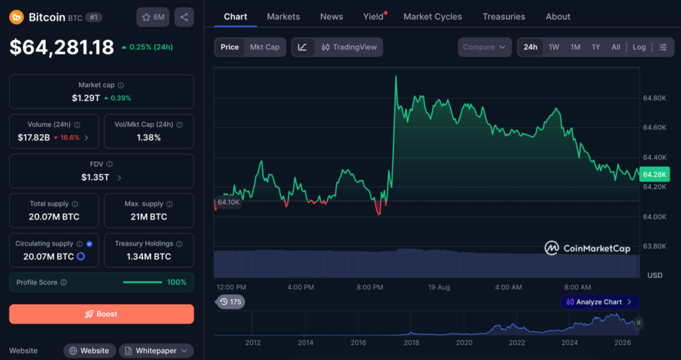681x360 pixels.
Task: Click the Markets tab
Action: pyautogui.click(x=283, y=17)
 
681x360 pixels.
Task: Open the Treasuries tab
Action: pyautogui.click(x=504, y=17)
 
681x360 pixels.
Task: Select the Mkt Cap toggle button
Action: pyautogui.click(x=265, y=47)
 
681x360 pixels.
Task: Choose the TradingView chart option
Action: pyautogui.click(x=349, y=47)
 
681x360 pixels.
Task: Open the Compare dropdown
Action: pyautogui.click(x=485, y=47)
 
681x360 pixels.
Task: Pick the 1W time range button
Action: pyautogui.click(x=554, y=47)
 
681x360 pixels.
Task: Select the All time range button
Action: pyautogui.click(x=616, y=47)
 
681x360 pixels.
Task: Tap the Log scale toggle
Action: pyautogui.click(x=639, y=47)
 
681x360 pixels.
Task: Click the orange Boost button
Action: pyautogui.click(x=102, y=314)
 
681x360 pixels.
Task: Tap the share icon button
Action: pyautogui.click(x=184, y=17)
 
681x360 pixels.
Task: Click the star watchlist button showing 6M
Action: pyautogui.click(x=153, y=17)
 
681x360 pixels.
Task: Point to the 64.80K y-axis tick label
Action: pyautogui.click(x=654, y=98)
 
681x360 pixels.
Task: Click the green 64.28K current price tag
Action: pyautogui.click(x=654, y=174)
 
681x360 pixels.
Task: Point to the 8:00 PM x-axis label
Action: pyautogui.click(x=370, y=287)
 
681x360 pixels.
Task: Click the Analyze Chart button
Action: pyautogui.click(x=599, y=301)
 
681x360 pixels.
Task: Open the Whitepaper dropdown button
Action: pyautogui.click(x=156, y=351)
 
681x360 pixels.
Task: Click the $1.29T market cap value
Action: pyautogui.click(x=86, y=98)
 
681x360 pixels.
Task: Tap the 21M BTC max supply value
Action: pyautogui.click(x=148, y=216)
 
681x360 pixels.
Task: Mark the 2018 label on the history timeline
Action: pyautogui.click(x=411, y=343)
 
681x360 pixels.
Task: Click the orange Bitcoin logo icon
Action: pyautogui.click(x=17, y=17)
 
